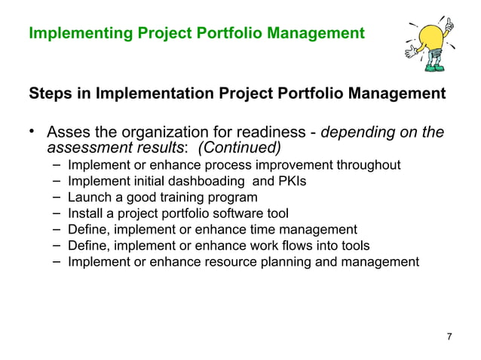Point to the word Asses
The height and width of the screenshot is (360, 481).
[68, 133]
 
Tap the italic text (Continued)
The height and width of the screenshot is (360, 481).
[239, 147]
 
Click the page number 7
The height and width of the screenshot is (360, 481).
[449, 336]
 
